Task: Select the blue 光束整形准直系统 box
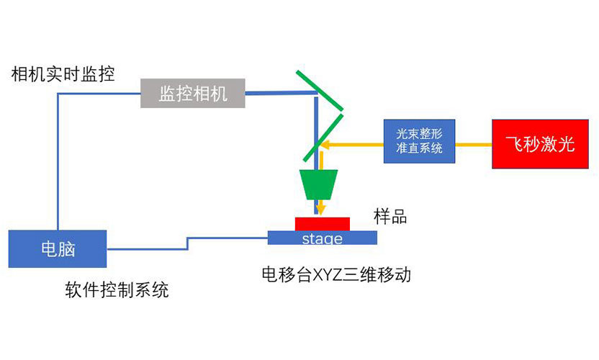419,140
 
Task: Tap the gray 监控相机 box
192,93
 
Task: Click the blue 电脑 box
58,248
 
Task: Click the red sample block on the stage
322,223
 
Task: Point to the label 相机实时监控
63,73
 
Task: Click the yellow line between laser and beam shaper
474,144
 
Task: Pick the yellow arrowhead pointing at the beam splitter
325,144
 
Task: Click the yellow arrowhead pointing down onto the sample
322,211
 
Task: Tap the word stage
322,238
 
